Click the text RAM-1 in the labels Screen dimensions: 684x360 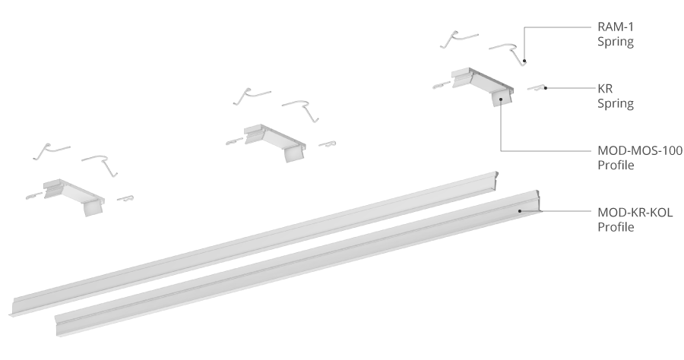tap(615, 27)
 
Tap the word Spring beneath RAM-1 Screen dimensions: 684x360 tap(616, 43)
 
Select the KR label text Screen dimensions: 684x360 tap(605, 89)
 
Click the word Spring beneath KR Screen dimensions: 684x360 tap(616, 104)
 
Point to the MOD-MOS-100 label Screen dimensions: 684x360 tap(640, 151)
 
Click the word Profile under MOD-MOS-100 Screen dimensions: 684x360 tap(616, 166)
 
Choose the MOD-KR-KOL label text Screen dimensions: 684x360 tap(635, 213)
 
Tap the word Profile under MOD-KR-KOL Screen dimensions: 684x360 tap(616, 228)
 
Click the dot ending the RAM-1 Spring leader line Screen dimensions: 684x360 tap(524, 61)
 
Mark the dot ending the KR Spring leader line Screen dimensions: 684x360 tap(545, 88)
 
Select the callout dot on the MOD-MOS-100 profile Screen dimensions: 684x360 tap(501, 99)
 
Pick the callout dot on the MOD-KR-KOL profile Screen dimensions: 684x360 tap(520, 211)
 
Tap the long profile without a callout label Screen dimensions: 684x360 tap(253, 243)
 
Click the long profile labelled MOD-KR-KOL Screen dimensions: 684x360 tap(299, 263)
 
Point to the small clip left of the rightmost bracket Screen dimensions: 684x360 tap(442, 86)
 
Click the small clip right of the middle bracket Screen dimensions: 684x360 tap(327, 144)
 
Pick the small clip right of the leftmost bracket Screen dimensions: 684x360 tap(125, 199)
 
